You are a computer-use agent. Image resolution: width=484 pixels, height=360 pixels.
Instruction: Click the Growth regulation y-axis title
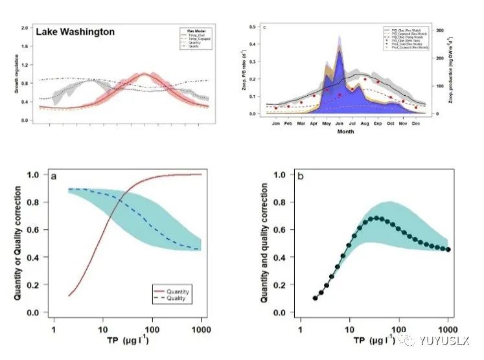click(x=16, y=74)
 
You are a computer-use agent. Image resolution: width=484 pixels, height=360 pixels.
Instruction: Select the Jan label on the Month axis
click(x=276, y=122)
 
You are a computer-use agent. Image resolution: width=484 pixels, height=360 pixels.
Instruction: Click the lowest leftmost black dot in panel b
click(x=316, y=298)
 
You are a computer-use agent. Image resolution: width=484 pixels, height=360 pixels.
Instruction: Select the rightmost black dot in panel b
click(x=448, y=249)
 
